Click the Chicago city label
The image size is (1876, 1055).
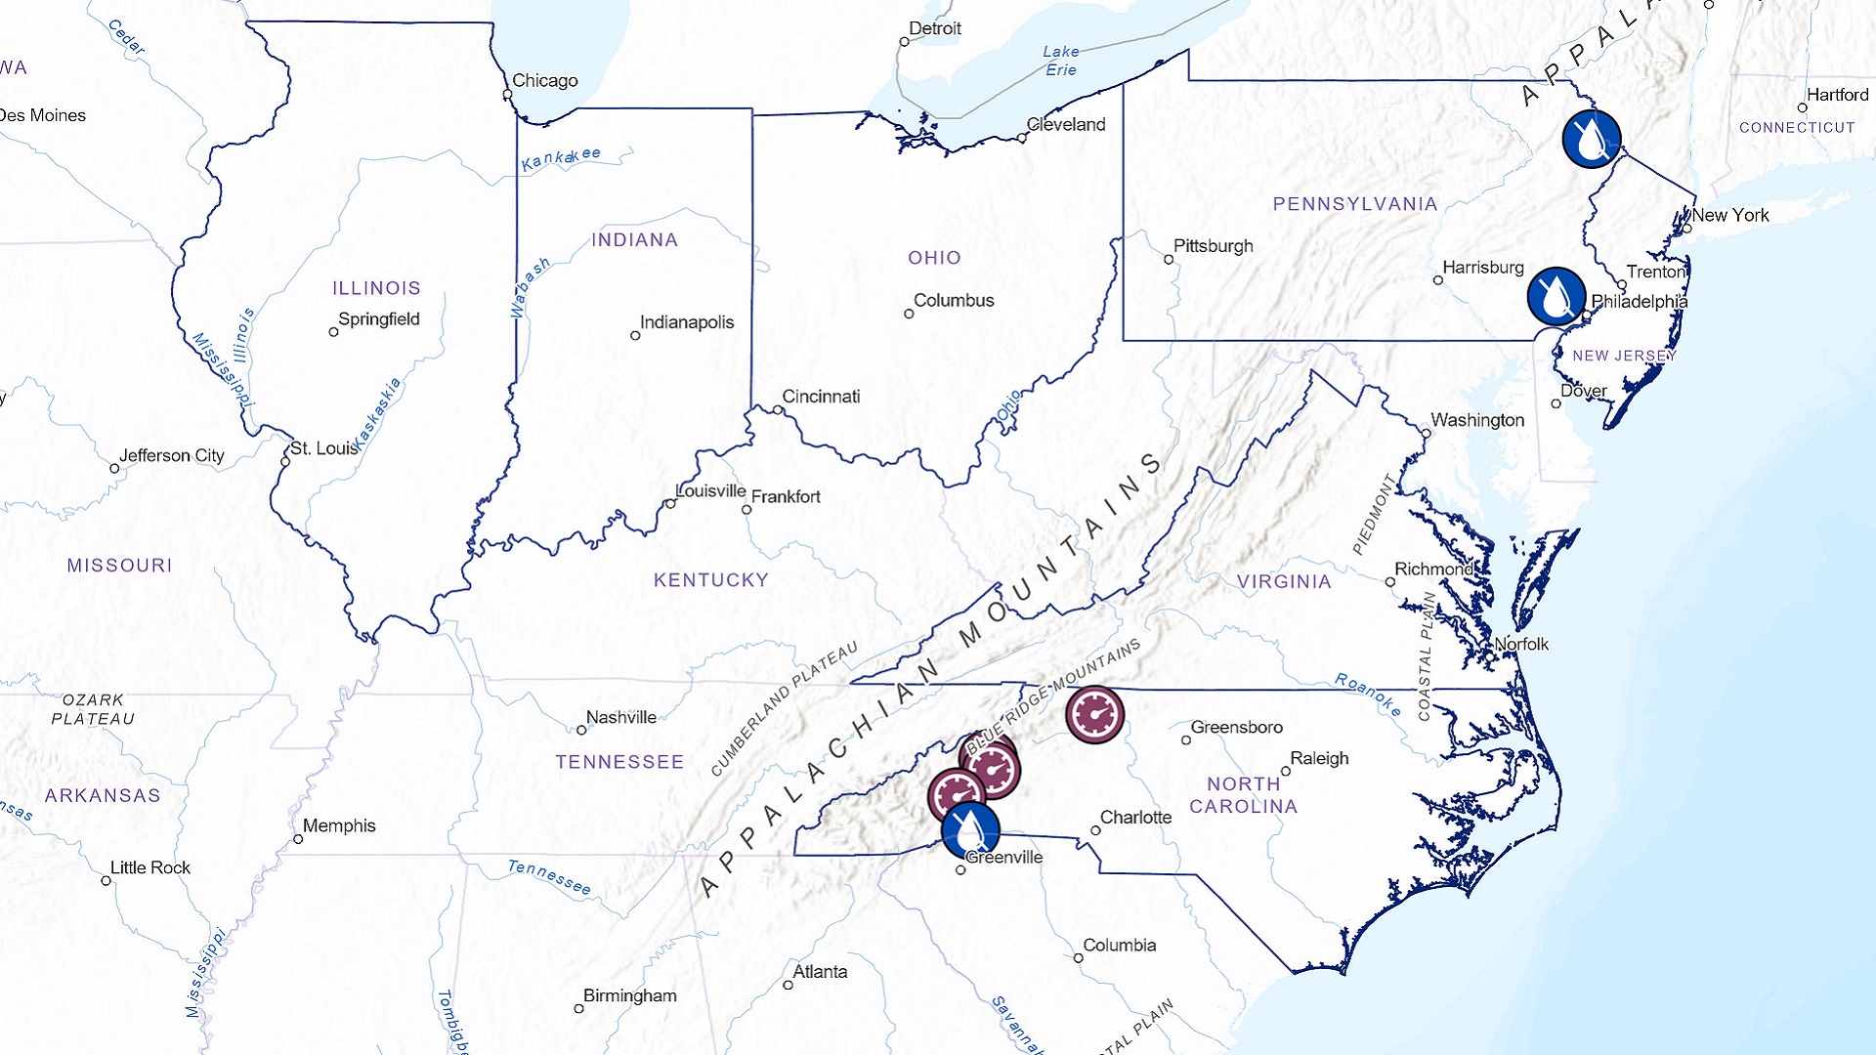544,81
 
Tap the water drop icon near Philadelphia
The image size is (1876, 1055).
1556,296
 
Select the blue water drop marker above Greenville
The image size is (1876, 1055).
970,830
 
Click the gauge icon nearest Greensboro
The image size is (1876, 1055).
1094,715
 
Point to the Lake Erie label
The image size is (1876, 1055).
1060,61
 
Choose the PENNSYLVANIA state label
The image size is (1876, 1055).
1354,204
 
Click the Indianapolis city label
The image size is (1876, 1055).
686,322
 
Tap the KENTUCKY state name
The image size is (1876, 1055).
710,580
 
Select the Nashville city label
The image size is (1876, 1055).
620,718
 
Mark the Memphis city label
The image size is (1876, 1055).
338,826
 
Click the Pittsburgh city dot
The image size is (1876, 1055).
1169,260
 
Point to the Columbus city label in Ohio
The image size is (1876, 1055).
953,301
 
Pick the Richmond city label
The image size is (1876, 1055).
1433,570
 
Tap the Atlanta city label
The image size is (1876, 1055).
820,972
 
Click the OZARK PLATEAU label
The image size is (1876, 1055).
93,710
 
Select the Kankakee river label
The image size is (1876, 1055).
561,159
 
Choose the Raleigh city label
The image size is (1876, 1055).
1319,759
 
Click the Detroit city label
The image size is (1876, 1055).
934,29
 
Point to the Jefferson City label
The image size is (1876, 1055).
171,456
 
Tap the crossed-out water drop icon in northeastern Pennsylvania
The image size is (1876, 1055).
1591,140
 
